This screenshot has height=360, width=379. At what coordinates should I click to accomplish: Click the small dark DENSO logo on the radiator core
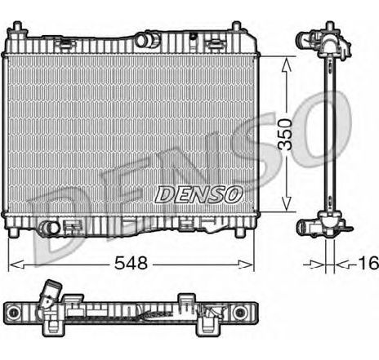pos(198,193)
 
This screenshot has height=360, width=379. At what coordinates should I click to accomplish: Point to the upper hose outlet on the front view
pos(148,38)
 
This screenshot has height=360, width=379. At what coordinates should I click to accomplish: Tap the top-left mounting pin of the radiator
pos(16,32)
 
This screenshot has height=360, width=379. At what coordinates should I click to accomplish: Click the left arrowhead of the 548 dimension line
pos(12,264)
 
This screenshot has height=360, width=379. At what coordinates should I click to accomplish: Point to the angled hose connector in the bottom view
pos(52,294)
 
